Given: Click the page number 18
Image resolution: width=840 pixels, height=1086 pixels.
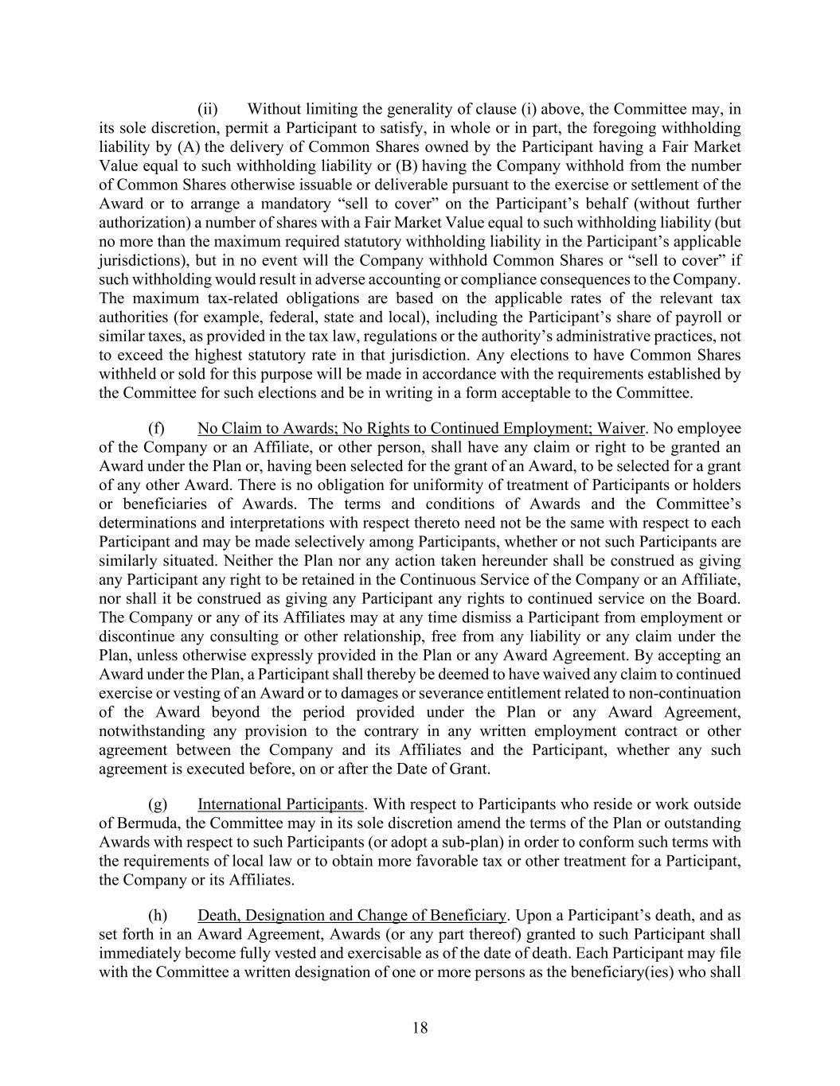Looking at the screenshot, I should point(420,1028).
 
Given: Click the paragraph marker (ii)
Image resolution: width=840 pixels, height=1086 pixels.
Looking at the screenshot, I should point(207,109).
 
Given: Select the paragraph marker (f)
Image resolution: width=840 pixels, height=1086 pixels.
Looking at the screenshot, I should point(156,428).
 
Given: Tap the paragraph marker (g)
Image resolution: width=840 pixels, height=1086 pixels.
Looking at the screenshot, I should point(157,804).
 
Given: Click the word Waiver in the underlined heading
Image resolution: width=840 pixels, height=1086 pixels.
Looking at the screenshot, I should point(619,428).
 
